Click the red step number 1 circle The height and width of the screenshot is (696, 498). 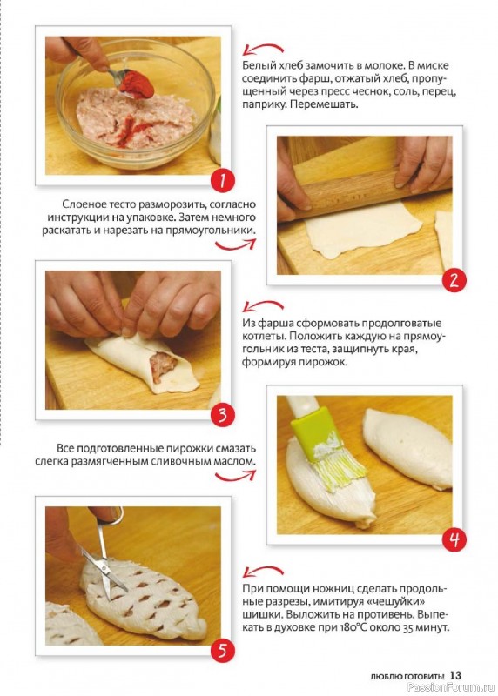pos(222,182)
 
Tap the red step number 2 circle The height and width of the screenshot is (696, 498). pos(454,280)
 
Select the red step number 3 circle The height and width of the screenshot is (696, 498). pos(222,416)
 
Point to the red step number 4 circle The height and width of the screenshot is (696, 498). pos(454,539)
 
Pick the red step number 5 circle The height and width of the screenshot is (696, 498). pos(222,651)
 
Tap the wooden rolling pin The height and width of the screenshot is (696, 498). pos(364,193)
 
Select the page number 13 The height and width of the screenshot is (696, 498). pos(456,675)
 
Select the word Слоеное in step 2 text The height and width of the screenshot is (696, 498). pos(82,204)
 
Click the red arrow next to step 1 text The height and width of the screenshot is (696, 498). pos(263,50)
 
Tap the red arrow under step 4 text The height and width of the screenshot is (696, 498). pos(235,476)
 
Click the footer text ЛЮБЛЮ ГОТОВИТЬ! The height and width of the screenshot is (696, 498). pos(407,677)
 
